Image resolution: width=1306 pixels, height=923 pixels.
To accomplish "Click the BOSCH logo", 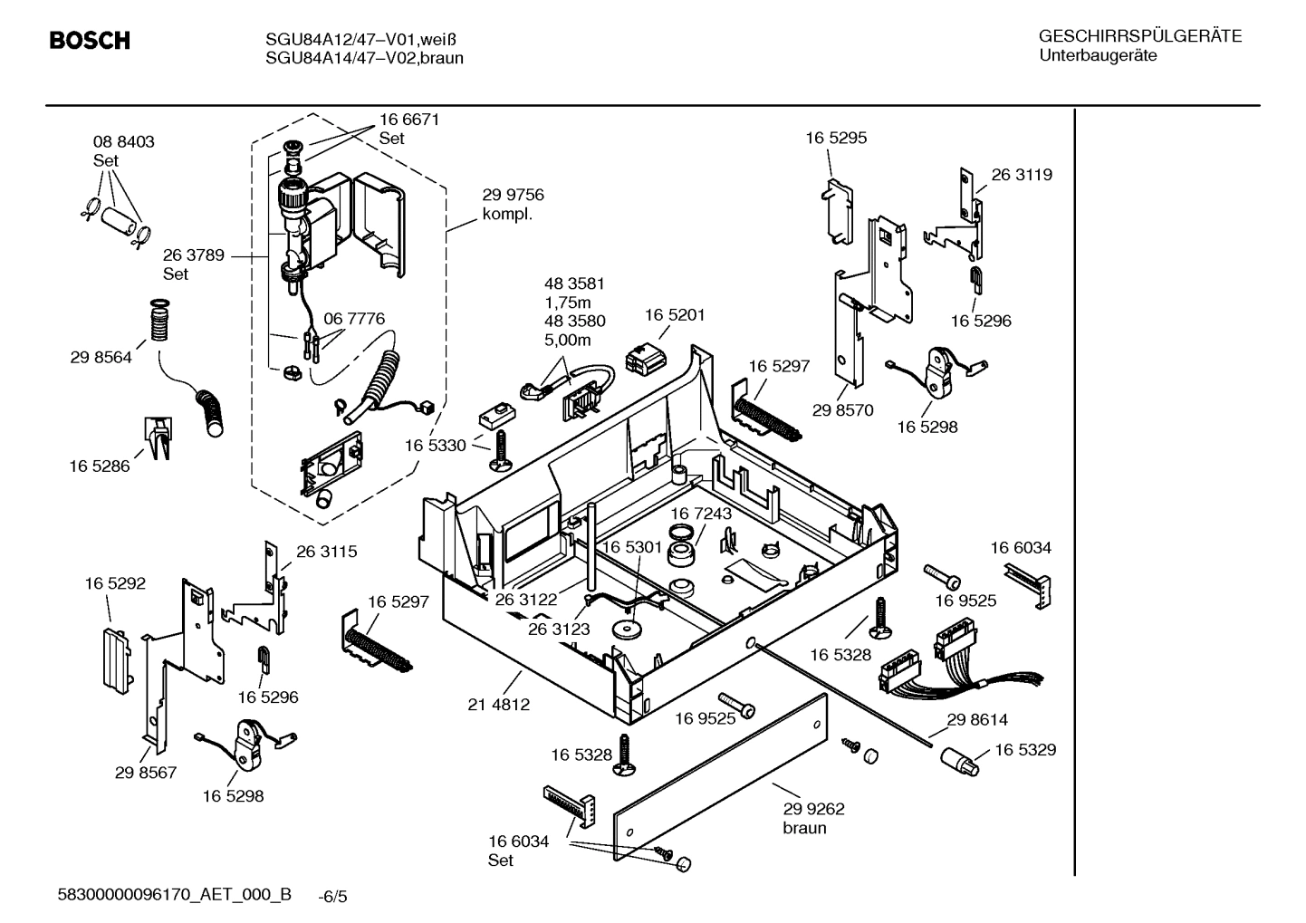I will tap(89, 41).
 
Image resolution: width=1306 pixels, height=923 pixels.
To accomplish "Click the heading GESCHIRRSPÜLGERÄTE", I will tap(1139, 37).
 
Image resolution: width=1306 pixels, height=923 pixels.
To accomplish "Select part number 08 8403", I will tap(123, 142).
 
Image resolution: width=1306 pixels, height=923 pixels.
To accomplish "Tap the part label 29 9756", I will tap(513, 196).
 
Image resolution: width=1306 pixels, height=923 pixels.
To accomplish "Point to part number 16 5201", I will tap(675, 315).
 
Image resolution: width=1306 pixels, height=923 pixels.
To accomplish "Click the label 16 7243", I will tap(701, 514).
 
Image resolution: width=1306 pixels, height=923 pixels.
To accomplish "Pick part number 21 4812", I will tap(499, 704).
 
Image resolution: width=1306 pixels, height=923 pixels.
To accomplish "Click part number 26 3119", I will tap(1022, 175).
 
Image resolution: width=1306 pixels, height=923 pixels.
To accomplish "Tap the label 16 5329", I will tap(1025, 750).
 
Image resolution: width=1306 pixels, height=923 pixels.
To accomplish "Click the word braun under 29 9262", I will tap(804, 828).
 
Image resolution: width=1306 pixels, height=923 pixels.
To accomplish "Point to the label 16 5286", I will tap(100, 466).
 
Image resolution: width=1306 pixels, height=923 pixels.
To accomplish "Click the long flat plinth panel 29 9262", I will tap(720, 779).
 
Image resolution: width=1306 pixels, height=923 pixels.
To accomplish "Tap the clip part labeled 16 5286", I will tap(157, 437).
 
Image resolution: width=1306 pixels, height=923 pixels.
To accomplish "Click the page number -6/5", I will tap(332, 897).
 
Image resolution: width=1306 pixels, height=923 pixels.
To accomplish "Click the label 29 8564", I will tap(101, 358).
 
